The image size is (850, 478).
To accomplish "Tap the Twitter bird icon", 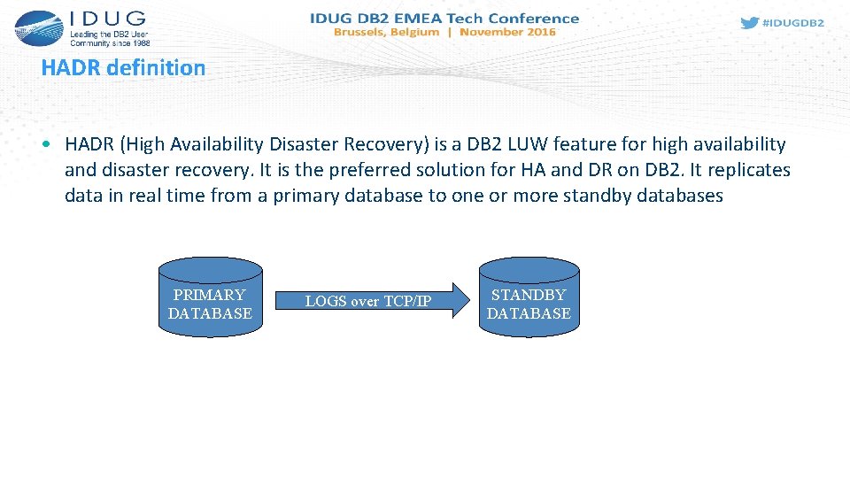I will (x=749, y=23).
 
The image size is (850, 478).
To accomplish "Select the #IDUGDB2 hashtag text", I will (x=793, y=23).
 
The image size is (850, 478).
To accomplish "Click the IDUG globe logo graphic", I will (x=38, y=27).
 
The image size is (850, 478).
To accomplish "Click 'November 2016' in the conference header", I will (x=507, y=32).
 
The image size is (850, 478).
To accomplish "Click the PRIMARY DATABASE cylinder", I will (x=210, y=297).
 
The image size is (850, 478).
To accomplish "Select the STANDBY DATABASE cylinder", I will (x=529, y=297).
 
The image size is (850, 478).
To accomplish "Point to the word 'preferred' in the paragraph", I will (x=411, y=170).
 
